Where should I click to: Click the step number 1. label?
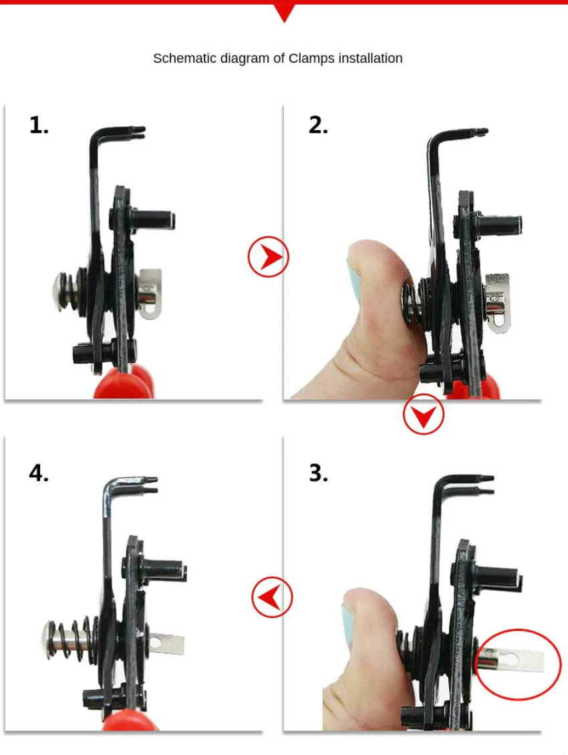(39, 125)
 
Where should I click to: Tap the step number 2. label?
(318, 125)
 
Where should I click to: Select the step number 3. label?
(318, 473)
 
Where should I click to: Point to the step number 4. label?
(39, 473)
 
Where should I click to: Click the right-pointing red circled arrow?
(269, 256)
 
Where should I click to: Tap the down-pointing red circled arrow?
(424, 414)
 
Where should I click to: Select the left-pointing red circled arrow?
(272, 597)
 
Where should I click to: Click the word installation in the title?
(370, 58)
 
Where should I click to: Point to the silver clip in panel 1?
(150, 294)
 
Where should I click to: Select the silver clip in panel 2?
(498, 302)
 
